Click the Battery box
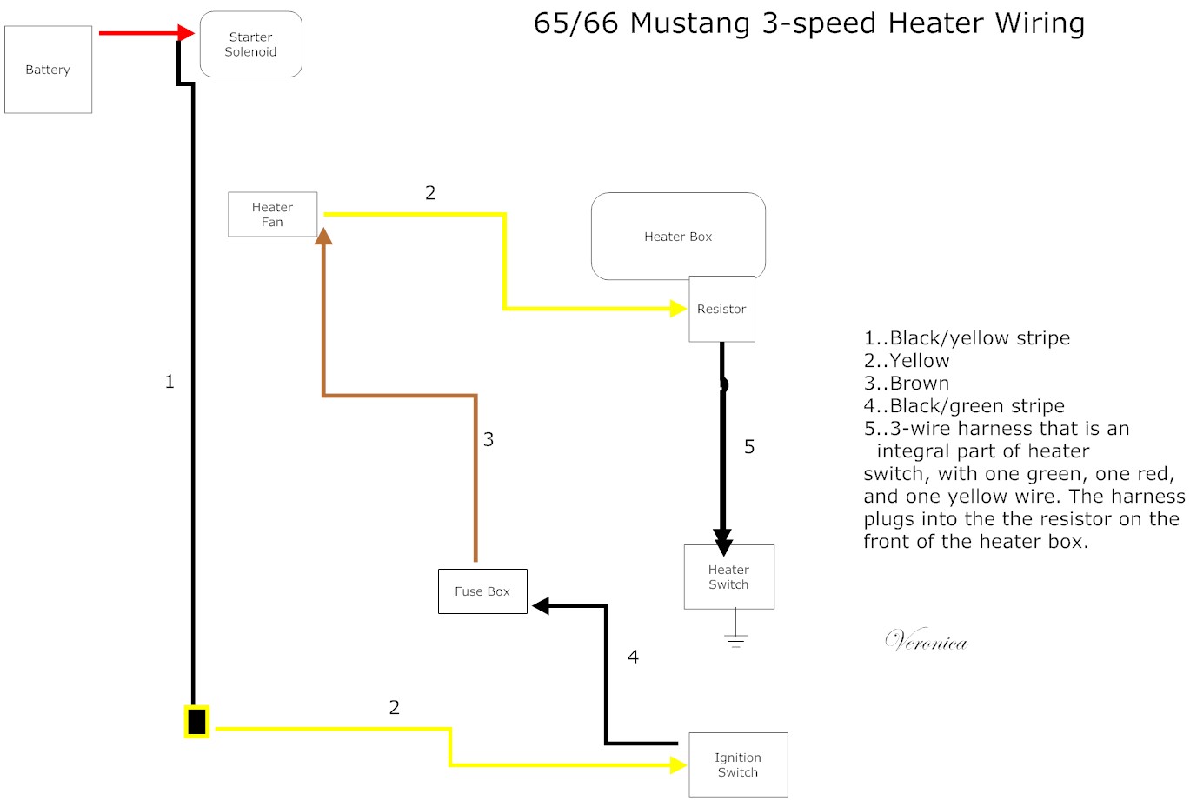pos(48,70)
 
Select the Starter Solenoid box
pos(250,44)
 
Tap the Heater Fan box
pos(272,214)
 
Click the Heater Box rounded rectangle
pos(677,236)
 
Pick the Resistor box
pos(721,309)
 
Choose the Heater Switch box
pos(728,577)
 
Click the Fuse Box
pos(482,591)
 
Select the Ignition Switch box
pos(738,764)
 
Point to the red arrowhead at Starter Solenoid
pos(185,33)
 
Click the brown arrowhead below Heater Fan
pos(323,235)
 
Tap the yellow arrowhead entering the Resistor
pos(678,308)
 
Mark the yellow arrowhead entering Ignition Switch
pos(678,764)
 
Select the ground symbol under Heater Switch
pos(735,642)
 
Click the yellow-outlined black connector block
pos(196,722)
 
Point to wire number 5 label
pos(749,447)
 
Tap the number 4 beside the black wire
pos(633,657)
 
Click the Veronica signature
pos(926,641)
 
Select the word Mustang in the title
pos(689,23)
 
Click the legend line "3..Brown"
pos(906,384)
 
